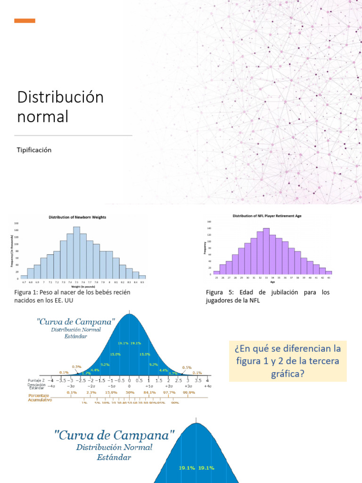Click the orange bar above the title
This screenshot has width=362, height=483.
(25, 21)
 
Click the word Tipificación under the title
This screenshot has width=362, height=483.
(34, 150)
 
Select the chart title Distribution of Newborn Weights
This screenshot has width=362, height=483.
(78, 217)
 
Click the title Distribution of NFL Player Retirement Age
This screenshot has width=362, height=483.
(267, 216)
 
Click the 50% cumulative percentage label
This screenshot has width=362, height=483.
(130, 392)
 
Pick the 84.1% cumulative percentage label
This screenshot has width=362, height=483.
(149, 392)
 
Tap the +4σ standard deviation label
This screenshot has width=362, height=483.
(207, 386)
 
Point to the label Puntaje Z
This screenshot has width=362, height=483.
(36, 380)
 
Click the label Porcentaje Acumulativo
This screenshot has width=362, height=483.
(40, 397)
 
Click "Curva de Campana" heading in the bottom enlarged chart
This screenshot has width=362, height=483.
(115, 435)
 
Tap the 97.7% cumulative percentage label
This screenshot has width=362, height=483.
(169, 392)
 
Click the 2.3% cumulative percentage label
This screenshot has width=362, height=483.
(91, 392)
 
